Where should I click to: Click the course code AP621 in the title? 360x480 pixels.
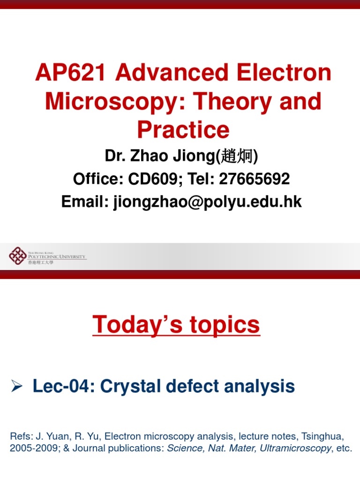72,74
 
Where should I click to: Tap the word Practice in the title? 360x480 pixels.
183,130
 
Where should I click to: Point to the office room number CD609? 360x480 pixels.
153,179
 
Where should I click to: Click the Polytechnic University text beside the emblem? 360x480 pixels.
57,256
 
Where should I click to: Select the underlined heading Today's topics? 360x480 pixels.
176,325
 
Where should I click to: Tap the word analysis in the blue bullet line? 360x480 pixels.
258,387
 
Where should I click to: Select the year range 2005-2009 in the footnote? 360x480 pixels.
31,448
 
